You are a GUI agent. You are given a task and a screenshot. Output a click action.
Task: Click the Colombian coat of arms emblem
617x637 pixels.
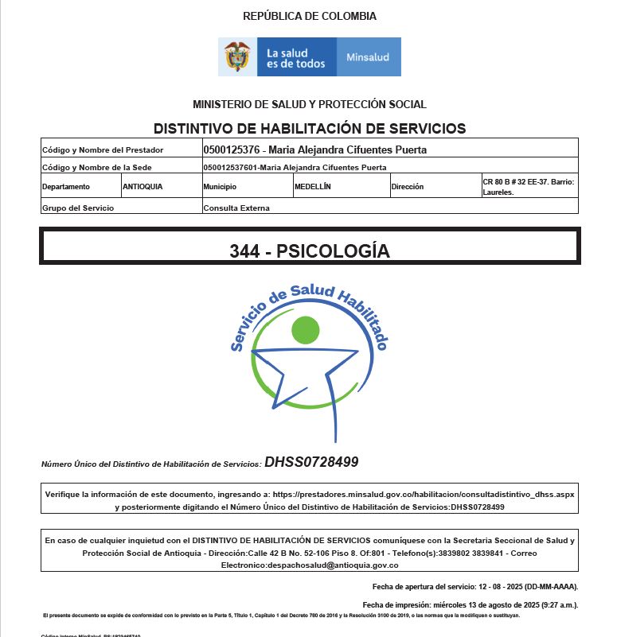(237, 56)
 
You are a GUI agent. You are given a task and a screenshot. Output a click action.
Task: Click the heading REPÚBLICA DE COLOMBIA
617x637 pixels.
(310, 16)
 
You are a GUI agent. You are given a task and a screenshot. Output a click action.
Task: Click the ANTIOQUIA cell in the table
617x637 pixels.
(143, 187)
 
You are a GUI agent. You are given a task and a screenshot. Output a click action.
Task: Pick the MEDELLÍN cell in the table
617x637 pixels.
(312, 187)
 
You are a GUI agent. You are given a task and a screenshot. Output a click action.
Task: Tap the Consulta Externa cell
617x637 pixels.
(236, 208)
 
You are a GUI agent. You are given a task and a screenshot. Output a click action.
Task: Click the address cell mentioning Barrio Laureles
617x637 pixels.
(528, 187)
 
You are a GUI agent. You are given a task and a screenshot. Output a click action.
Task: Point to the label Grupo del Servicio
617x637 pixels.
(78, 208)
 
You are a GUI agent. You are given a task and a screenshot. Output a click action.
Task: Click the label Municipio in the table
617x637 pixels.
(220, 187)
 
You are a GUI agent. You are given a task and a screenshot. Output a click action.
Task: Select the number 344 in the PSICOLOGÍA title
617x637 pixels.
(244, 251)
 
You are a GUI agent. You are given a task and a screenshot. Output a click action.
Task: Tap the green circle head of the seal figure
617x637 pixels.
(305, 329)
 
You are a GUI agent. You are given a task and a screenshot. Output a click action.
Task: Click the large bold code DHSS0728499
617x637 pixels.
(311, 462)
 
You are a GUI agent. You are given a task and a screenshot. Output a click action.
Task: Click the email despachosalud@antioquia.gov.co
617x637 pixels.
(310, 565)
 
